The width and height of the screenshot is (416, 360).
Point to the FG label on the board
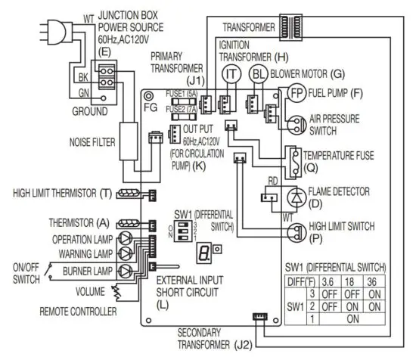(x=151, y=108)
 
